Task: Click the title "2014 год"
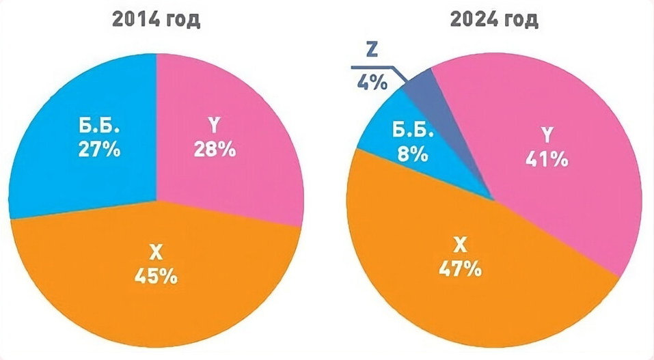click(x=156, y=20)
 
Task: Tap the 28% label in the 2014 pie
click(x=213, y=149)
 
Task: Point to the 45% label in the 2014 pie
click(x=156, y=276)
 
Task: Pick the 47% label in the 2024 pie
click(x=460, y=268)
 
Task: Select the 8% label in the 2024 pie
click(x=411, y=154)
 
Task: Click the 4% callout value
click(x=372, y=83)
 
